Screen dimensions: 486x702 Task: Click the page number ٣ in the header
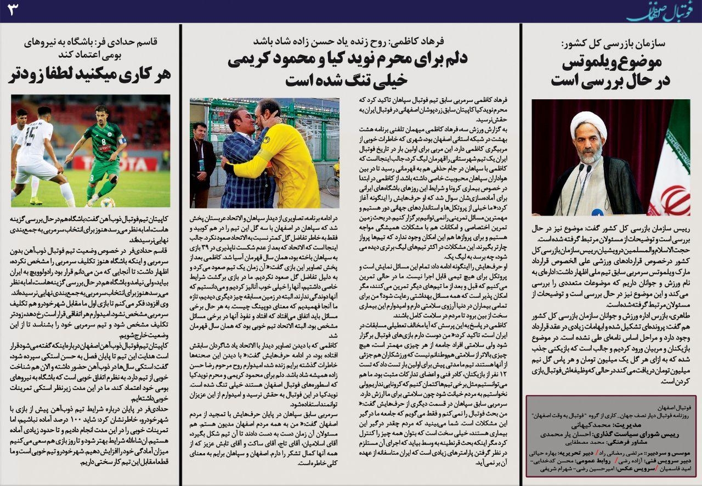12,11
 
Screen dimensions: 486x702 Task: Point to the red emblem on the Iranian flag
675,199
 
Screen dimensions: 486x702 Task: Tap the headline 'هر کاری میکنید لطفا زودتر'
89,75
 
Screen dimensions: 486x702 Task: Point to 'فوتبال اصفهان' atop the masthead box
675,409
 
